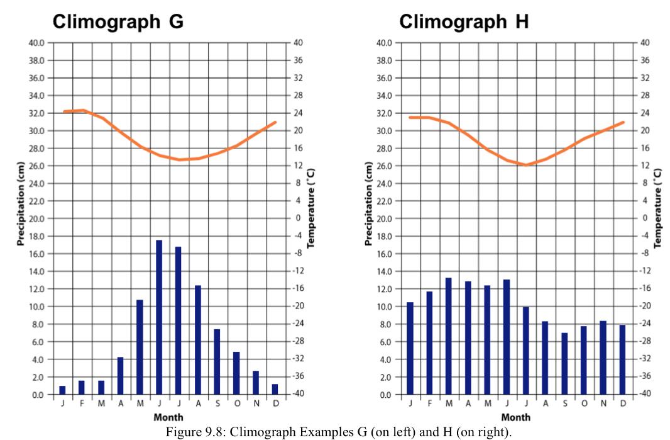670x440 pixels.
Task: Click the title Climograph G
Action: pos(118,22)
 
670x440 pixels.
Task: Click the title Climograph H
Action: pos(464,22)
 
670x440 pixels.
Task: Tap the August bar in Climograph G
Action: pos(198,340)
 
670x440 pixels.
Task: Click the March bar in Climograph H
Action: pos(449,336)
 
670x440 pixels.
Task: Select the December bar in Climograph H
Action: pos(623,359)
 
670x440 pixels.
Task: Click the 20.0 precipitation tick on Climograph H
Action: pos(383,219)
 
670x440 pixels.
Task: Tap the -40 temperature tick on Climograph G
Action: pos(297,394)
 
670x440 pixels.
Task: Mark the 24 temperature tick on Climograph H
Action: pos(644,113)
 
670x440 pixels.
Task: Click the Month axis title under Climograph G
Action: pos(168,417)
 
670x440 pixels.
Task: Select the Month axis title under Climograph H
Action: pos(515,417)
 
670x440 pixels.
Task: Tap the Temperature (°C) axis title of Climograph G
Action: pos(311,208)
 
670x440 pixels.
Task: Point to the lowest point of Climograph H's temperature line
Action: pos(526,165)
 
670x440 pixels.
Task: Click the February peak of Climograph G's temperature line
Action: pos(82,110)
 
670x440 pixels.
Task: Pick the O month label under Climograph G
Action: pos(237,403)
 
